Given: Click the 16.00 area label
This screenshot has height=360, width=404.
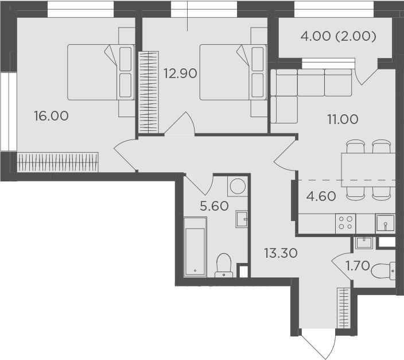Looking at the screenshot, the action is pyautogui.click(x=51, y=116).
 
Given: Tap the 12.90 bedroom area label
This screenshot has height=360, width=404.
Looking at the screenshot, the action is pyautogui.click(x=180, y=73).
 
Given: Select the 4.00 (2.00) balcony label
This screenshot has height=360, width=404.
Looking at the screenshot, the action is pyautogui.click(x=339, y=36).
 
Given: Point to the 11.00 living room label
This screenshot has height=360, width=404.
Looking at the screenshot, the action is pyautogui.click(x=343, y=119).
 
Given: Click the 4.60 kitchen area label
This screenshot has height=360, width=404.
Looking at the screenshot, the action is pyautogui.click(x=321, y=196).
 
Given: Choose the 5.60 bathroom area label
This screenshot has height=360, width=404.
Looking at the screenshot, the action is pyautogui.click(x=215, y=206).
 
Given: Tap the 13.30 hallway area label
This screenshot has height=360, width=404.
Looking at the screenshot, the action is pyautogui.click(x=281, y=253).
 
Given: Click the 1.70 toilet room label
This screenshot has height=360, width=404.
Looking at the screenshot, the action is pyautogui.click(x=358, y=265).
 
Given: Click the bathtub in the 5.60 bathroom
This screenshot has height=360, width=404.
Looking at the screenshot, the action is pyautogui.click(x=195, y=247).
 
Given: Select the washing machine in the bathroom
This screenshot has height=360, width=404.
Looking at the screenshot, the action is pyautogui.click(x=238, y=186).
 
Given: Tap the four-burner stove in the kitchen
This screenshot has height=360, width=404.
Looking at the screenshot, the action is pyautogui.click(x=345, y=223).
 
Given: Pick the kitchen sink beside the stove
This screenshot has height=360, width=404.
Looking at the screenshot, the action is pyautogui.click(x=385, y=223).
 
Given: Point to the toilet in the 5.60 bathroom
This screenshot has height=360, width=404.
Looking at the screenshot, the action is pyautogui.click(x=224, y=265).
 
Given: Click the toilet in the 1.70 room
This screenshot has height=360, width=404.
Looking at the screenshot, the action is pyautogui.click(x=383, y=271).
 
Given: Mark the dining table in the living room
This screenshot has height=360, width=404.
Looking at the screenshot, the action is pyautogui.click(x=368, y=170).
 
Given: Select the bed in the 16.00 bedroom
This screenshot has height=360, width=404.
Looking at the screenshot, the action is pyautogui.click(x=101, y=72).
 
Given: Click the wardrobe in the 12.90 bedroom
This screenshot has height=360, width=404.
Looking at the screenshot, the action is pyautogui.click(x=149, y=92).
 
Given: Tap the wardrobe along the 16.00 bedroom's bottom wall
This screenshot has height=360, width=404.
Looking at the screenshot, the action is pyautogui.click(x=58, y=162).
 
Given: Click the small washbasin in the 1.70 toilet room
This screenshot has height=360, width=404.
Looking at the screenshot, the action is pyautogui.click(x=364, y=243).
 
